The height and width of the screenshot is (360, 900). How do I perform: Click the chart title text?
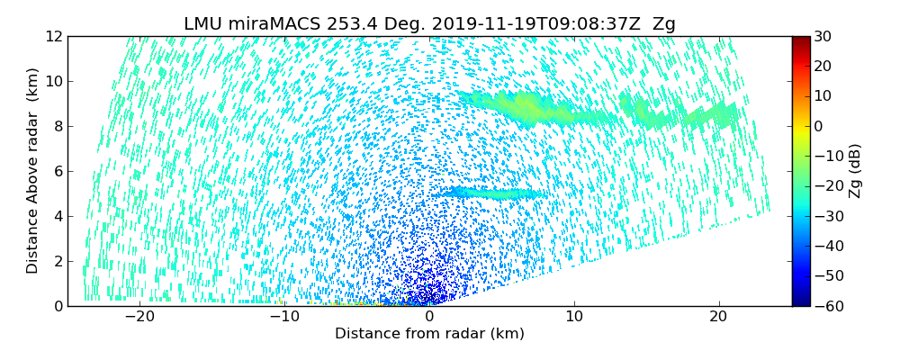(429, 24)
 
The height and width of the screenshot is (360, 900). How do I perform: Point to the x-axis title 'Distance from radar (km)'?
(429, 334)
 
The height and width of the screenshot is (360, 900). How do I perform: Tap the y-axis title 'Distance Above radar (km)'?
(32, 171)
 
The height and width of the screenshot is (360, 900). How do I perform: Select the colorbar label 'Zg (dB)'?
(855, 171)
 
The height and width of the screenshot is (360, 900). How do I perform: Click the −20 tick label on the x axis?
(139, 317)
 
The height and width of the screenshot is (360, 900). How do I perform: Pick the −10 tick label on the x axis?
(284, 317)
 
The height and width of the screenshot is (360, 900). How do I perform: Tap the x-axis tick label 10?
(574, 317)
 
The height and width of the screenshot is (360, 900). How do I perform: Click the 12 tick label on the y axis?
(53, 36)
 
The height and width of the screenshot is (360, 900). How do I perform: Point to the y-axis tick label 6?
(58, 171)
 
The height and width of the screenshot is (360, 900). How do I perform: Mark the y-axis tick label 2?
(58, 261)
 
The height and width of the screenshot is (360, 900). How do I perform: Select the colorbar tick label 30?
(823, 36)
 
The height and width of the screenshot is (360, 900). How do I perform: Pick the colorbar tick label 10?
(823, 96)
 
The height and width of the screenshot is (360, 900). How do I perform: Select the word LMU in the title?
(204, 24)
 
